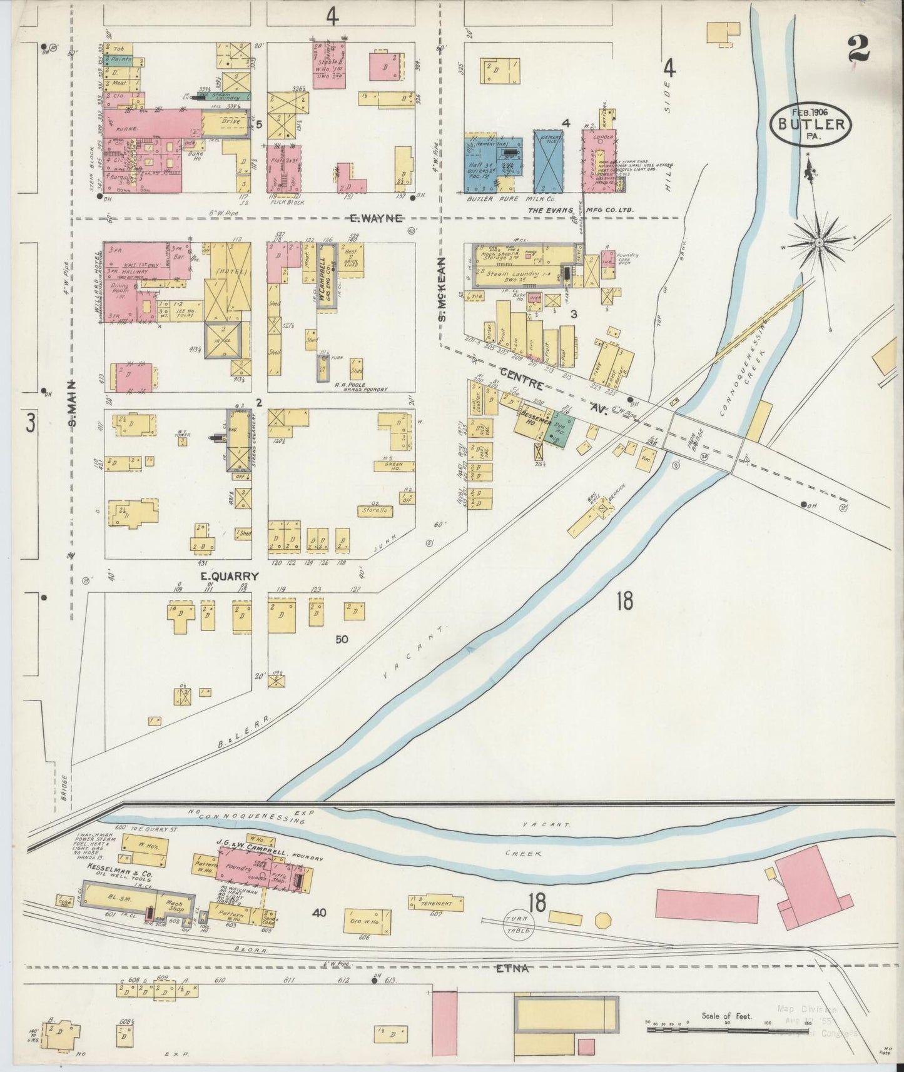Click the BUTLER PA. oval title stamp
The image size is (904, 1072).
812,123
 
